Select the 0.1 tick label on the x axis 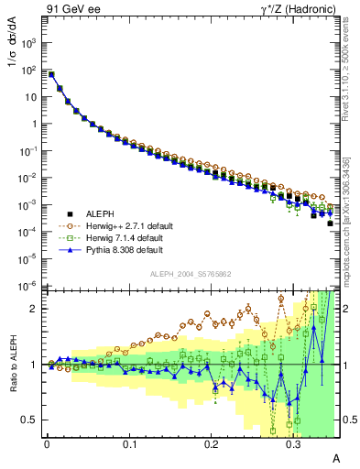tap(129, 442)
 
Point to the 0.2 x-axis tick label tap(212, 442)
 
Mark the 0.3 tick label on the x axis tap(293, 442)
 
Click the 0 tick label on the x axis tap(47, 442)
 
